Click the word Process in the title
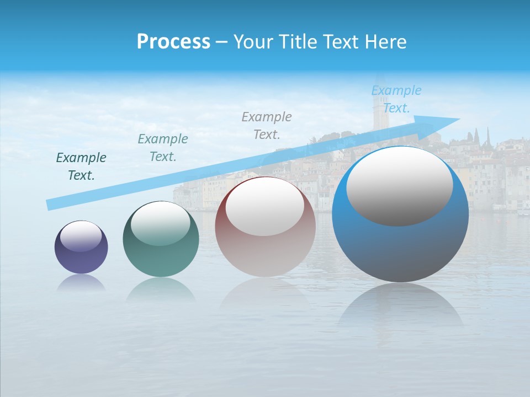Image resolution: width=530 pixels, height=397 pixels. point(173,42)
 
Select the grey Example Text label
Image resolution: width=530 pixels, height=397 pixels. point(267,125)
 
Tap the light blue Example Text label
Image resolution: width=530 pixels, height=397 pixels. point(396,99)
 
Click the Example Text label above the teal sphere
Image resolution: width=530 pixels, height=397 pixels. point(162,148)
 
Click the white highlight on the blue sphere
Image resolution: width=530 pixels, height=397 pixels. point(399,186)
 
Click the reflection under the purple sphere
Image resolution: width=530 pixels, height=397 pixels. point(81,282)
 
